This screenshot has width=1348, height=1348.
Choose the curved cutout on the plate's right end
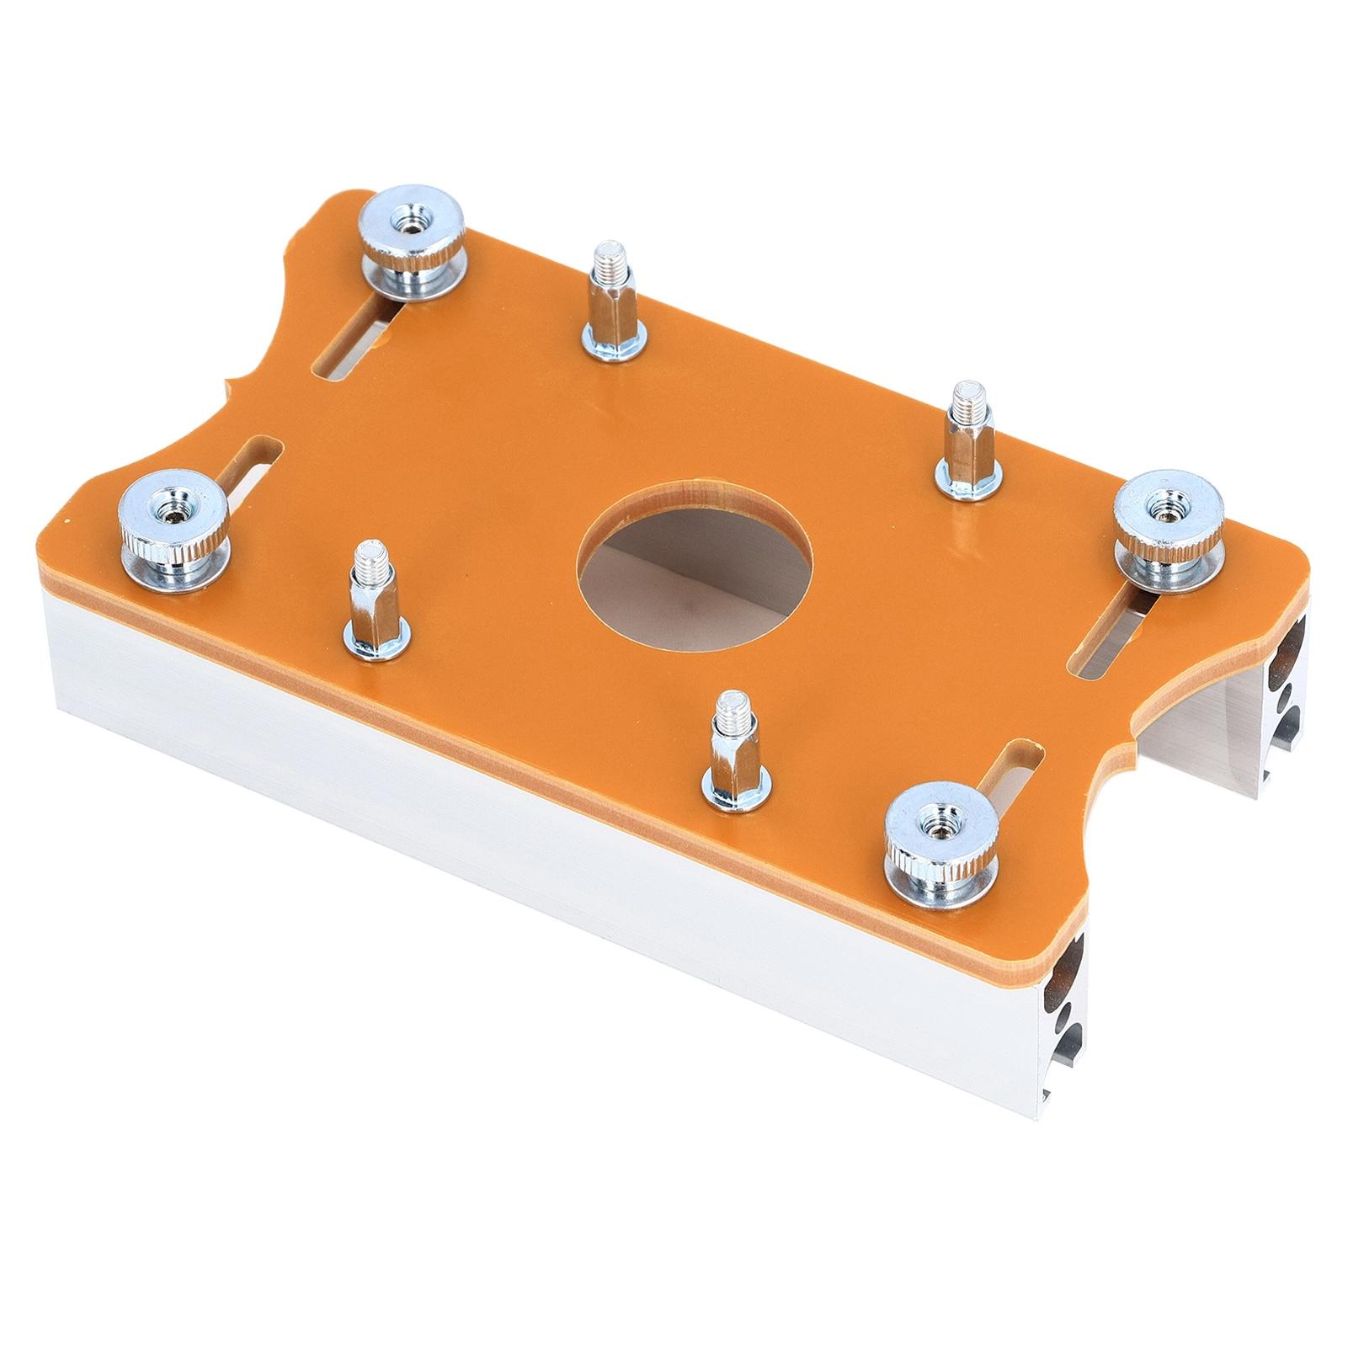1179,716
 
